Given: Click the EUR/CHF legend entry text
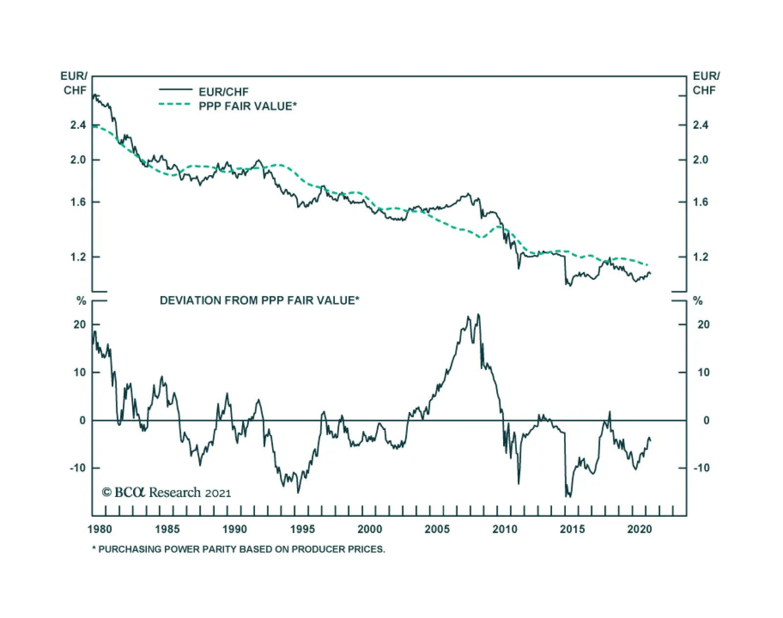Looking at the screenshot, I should (223, 92).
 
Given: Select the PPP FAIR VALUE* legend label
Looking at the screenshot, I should (247, 106).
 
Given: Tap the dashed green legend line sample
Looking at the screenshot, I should (175, 104).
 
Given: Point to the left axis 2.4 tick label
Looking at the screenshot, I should (78, 125).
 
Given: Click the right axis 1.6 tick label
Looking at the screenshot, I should (700, 202).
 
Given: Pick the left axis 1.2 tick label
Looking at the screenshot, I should (78, 257).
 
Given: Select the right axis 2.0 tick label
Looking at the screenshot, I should (700, 160).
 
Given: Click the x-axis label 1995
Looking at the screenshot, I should (302, 529).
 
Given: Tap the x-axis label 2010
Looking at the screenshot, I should (505, 529).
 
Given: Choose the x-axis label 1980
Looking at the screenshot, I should (100, 529).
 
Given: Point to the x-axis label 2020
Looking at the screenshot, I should (640, 529).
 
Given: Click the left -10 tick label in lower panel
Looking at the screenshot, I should (77, 468).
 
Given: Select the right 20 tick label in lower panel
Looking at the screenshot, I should (703, 324).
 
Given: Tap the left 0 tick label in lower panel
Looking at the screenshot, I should (82, 420).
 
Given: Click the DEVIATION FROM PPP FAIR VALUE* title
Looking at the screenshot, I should (259, 300).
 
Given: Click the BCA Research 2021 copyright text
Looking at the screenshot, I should (166, 492).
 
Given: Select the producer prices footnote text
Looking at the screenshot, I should (239, 549).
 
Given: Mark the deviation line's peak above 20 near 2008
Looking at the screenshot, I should (478, 315).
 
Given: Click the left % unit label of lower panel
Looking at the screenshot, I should (82, 301).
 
